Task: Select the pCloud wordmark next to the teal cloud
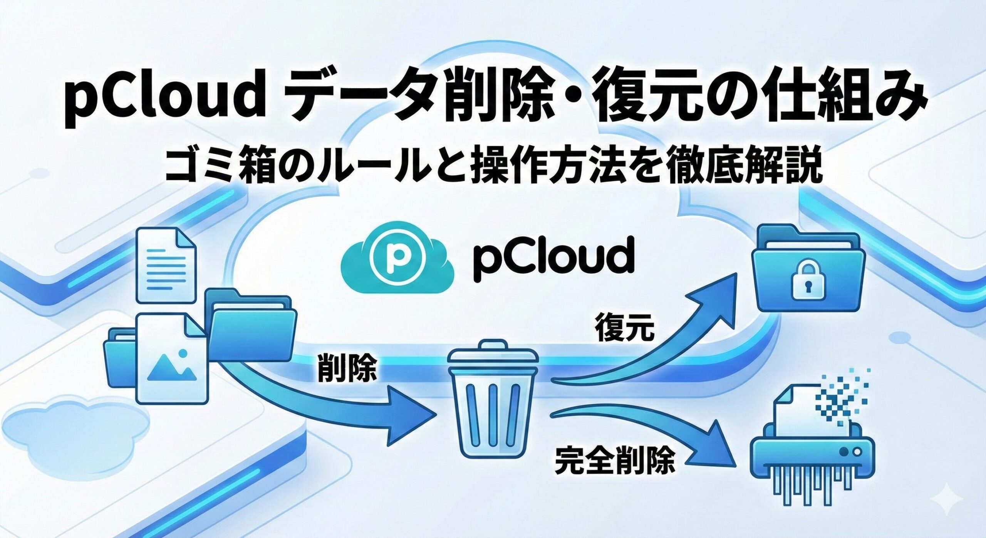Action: (x=550, y=257)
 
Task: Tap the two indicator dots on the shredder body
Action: (x=851, y=461)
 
